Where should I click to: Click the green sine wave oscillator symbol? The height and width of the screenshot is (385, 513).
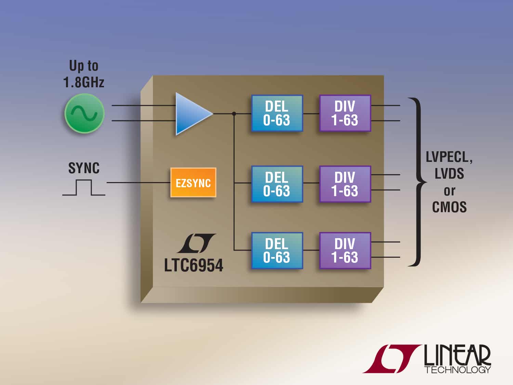(x=84, y=113)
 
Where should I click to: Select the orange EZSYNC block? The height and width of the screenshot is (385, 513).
(x=193, y=183)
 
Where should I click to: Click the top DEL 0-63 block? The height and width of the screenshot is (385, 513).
(x=277, y=113)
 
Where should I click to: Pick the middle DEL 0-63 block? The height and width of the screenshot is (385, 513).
(x=277, y=184)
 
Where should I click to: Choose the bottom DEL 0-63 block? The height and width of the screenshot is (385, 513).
(x=277, y=251)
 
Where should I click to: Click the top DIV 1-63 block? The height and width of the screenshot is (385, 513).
(x=345, y=113)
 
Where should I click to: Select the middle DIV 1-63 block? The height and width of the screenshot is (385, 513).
(x=345, y=184)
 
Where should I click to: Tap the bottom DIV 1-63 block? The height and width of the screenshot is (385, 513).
(x=345, y=251)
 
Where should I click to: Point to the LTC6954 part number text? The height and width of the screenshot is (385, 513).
(x=194, y=266)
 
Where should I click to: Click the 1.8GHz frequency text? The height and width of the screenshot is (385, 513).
(x=84, y=82)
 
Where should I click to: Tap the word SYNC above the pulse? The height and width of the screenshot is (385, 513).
(x=84, y=168)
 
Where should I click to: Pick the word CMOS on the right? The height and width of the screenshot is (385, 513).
(x=449, y=207)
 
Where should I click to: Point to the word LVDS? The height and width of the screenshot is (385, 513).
(x=449, y=174)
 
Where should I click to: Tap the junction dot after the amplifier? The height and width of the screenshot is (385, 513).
(x=234, y=114)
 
